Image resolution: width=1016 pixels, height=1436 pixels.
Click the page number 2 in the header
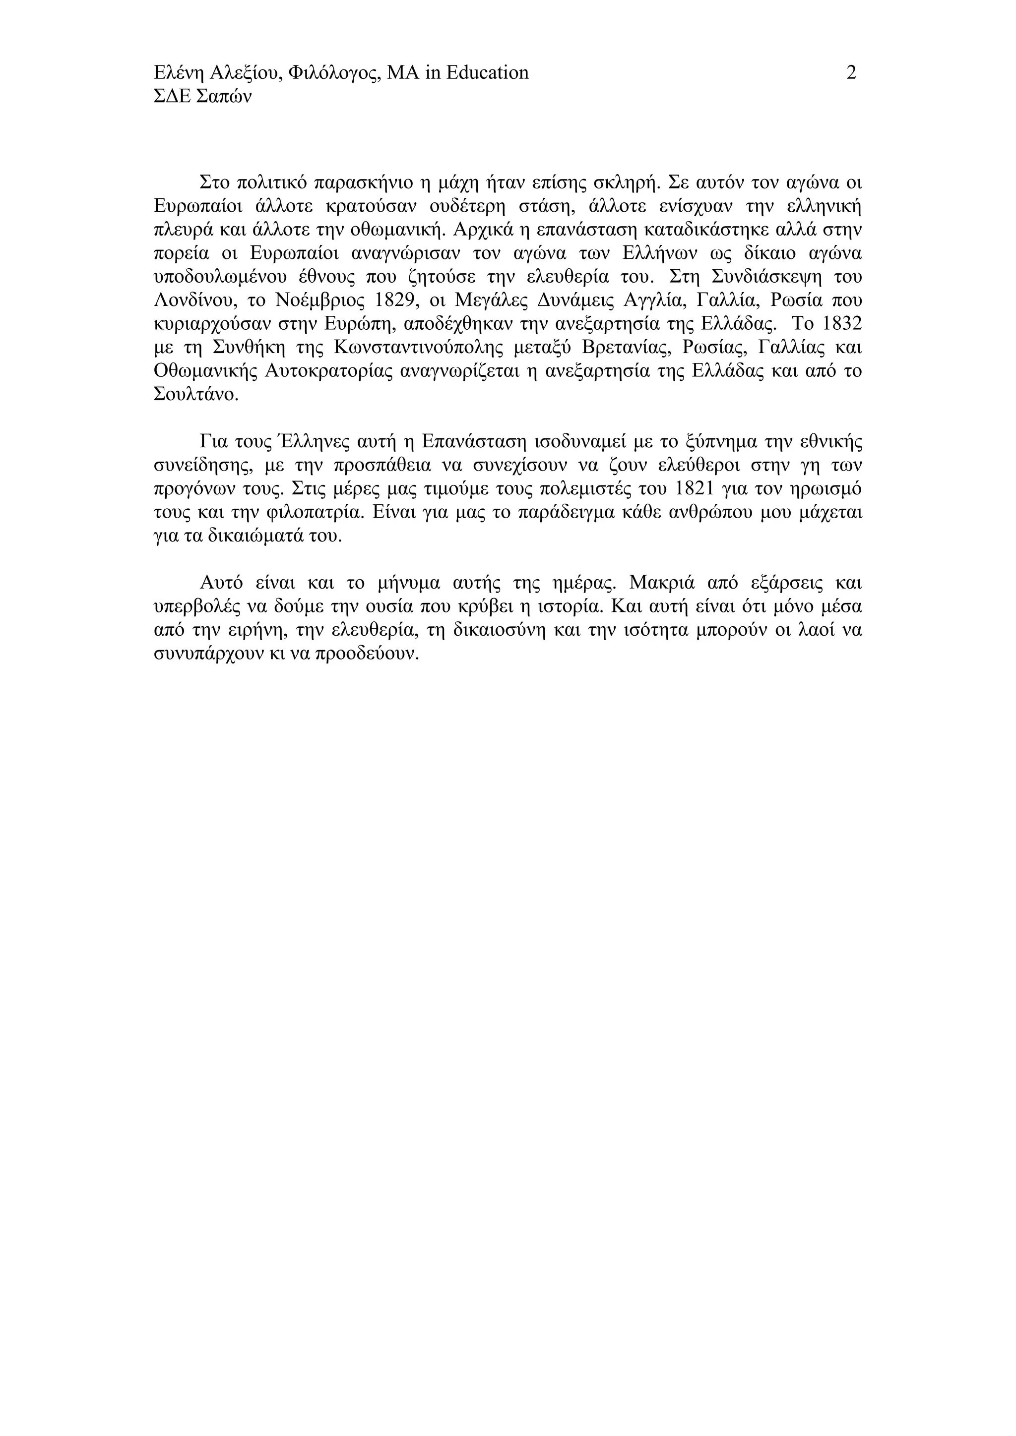click(851, 73)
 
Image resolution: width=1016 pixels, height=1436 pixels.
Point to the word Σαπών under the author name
click(223, 97)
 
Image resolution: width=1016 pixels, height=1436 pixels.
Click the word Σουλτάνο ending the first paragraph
click(195, 395)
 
